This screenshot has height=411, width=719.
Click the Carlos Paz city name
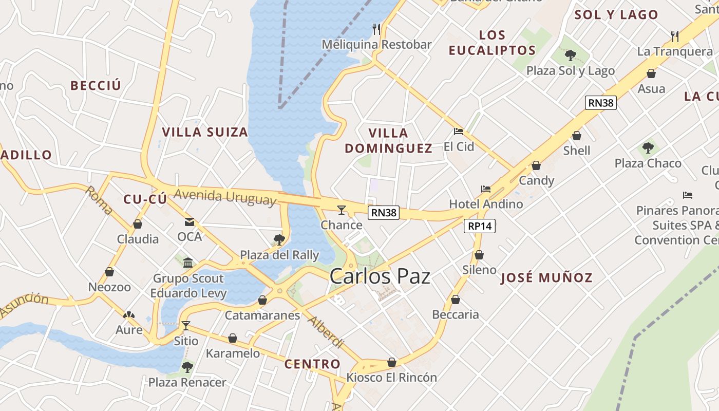click(380, 276)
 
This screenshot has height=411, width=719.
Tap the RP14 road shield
click(480, 226)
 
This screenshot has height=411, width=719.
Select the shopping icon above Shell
click(577, 136)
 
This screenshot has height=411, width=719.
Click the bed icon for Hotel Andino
click(486, 189)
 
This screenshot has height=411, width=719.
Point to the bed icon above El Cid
click(459, 132)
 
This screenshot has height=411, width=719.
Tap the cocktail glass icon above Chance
click(341, 210)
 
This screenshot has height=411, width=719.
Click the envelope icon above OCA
click(190, 222)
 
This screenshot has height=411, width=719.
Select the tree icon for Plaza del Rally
click(279, 239)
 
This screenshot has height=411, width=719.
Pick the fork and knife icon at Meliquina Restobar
click(376, 29)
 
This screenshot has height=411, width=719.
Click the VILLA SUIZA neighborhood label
click(205, 132)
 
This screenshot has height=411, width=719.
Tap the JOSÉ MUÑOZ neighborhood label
click(546, 278)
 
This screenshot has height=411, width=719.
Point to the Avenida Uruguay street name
click(225, 197)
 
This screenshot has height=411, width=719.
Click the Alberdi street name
click(325, 332)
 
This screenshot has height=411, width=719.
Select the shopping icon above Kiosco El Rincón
click(392, 362)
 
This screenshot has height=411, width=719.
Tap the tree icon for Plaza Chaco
click(648, 148)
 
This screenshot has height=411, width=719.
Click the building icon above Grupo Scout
click(188, 263)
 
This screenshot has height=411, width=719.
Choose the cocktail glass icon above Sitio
click(186, 326)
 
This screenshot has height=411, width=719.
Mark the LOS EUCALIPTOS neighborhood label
click(492, 43)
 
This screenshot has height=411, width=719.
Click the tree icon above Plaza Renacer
click(187, 367)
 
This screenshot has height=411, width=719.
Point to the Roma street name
click(99, 200)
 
